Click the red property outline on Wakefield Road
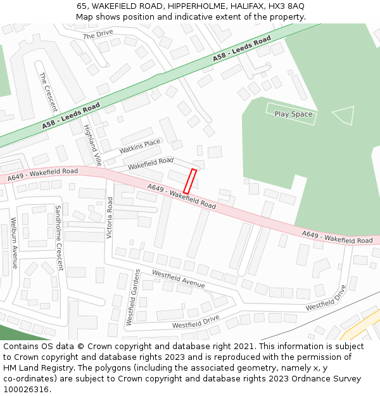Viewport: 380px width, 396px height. coord(190,181)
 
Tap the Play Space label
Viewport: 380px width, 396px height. coord(293,114)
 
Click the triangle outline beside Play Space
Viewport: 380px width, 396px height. coord(343,115)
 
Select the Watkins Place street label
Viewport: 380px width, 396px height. coord(140,147)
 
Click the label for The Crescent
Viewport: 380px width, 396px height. coord(48,92)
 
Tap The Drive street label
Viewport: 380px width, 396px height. coord(98,34)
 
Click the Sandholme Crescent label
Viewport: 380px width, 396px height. coord(60,238)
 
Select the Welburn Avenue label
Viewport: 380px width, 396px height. coord(13,243)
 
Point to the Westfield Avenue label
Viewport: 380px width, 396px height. coord(178,279)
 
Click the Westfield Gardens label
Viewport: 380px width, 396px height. coord(133,297)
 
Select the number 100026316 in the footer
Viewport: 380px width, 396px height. coord(25,389)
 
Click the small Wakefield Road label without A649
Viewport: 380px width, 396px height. coord(151,163)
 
